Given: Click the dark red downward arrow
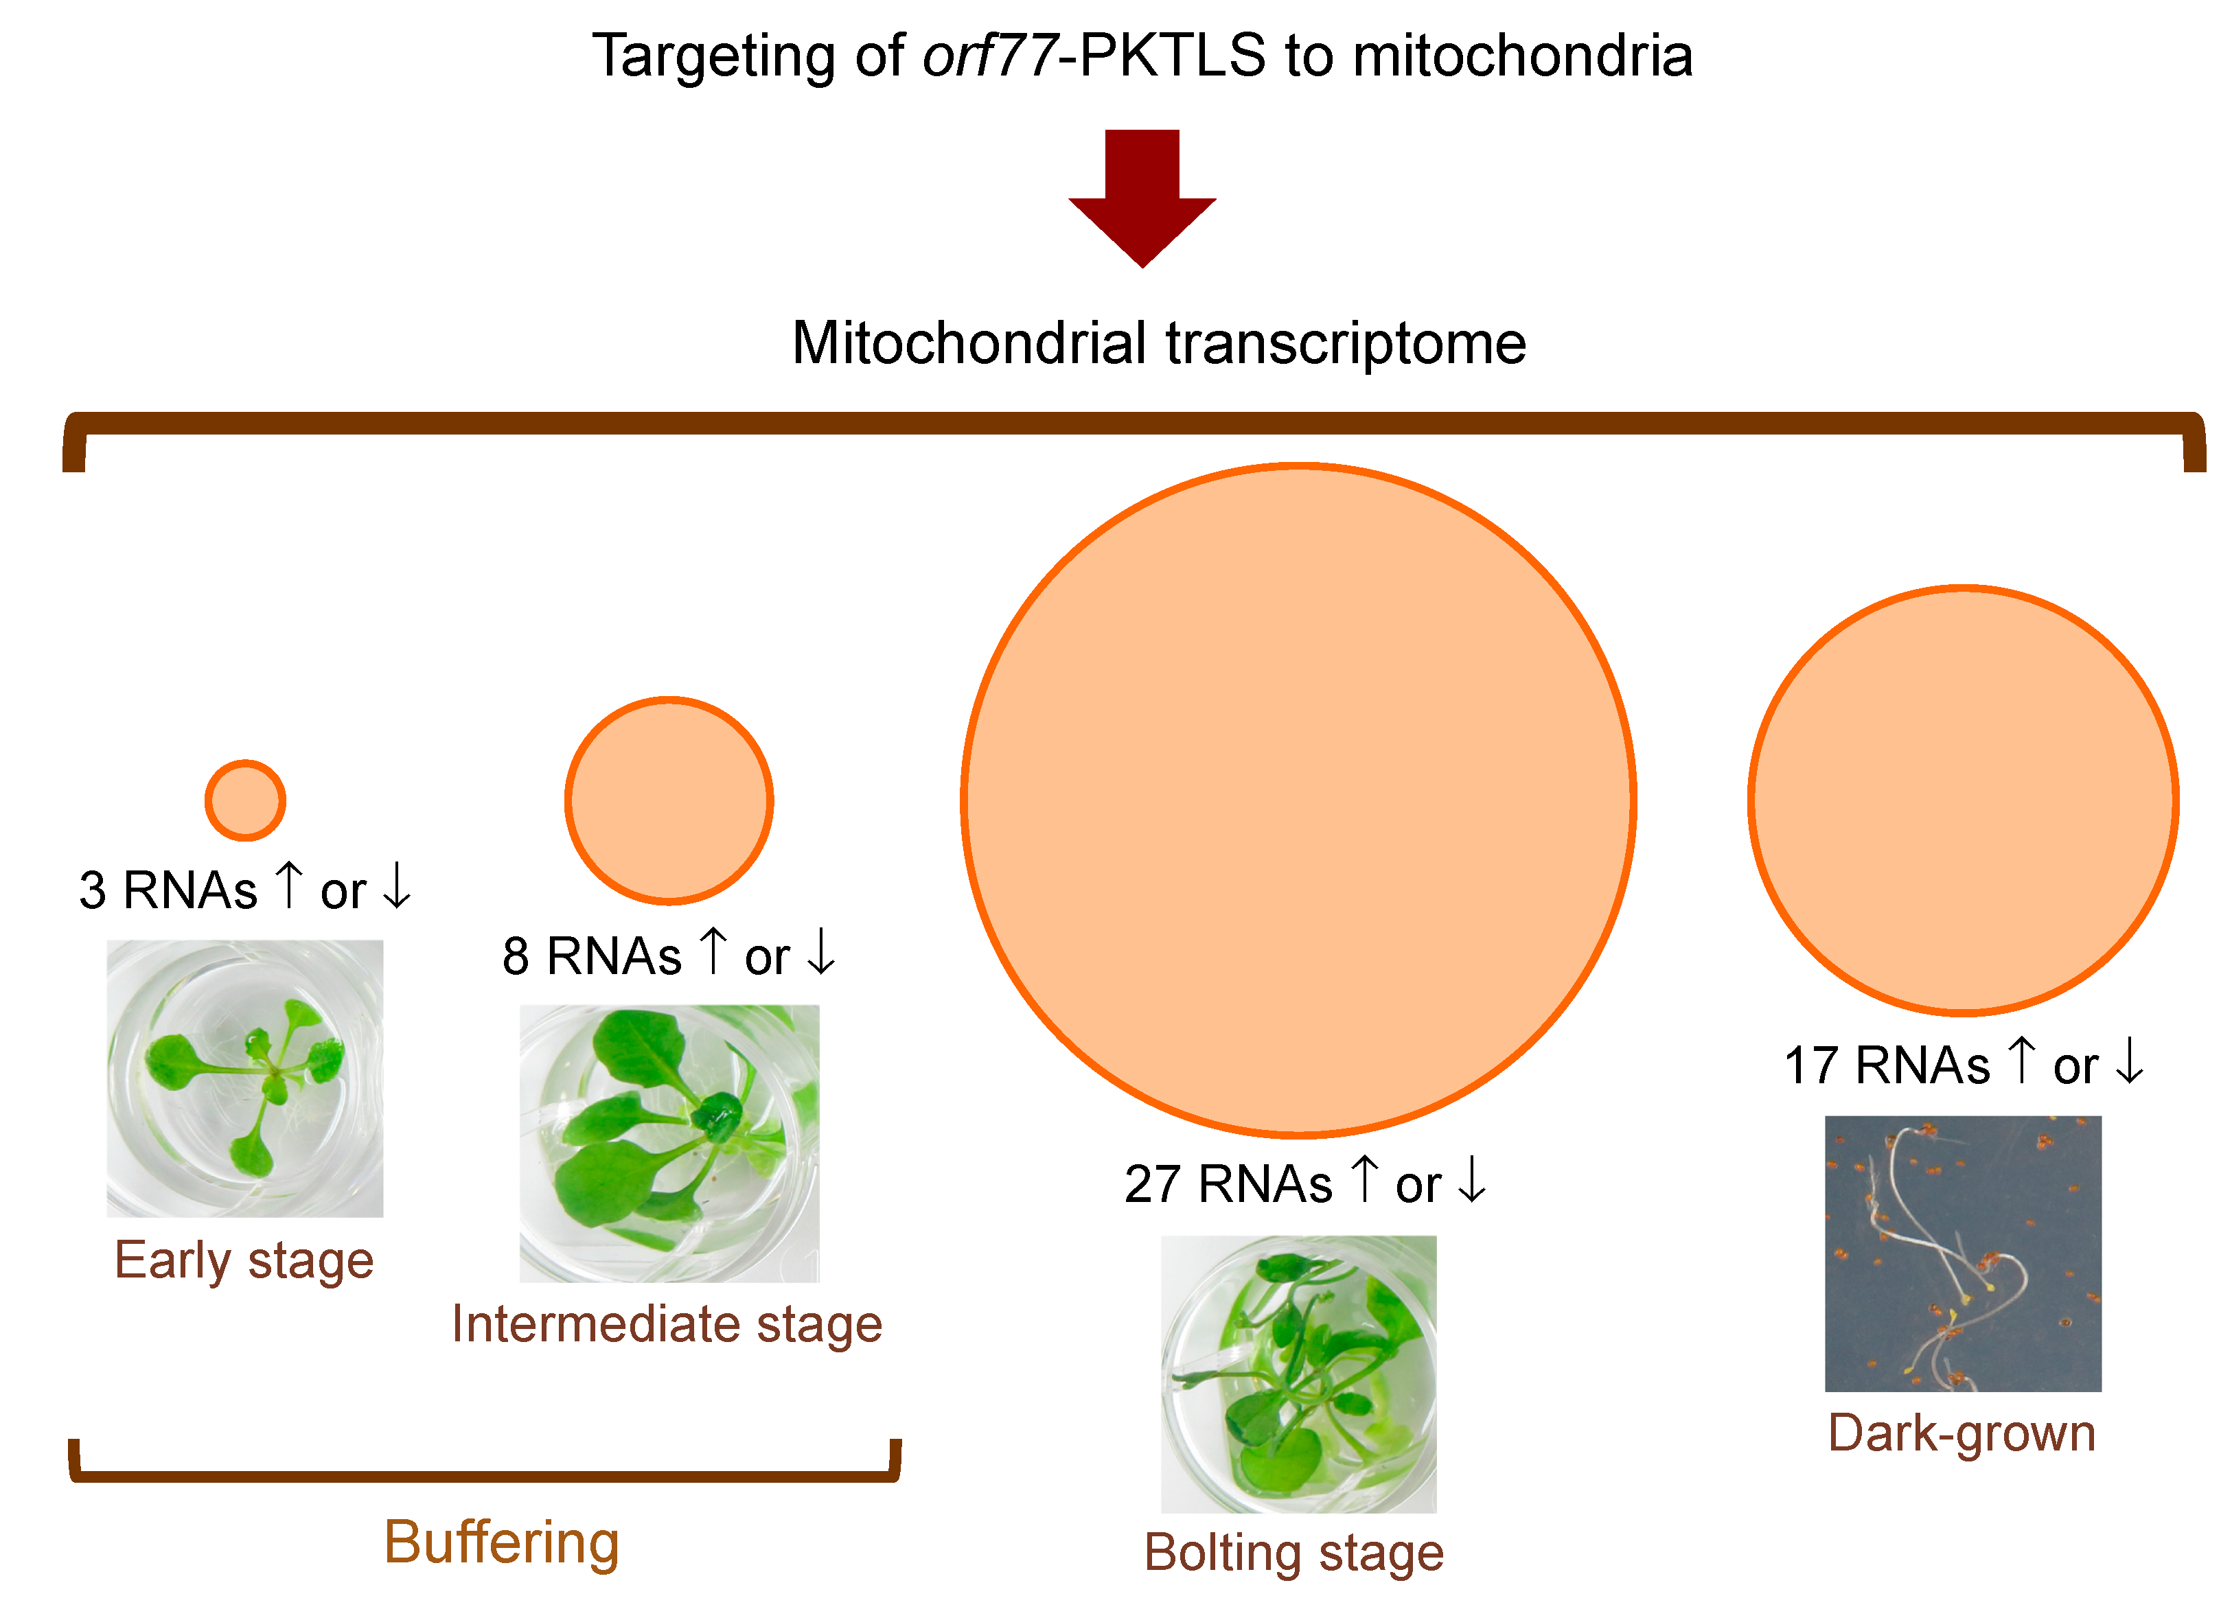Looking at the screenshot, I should [x=1142, y=197].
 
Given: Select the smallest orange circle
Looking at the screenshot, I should [x=245, y=800].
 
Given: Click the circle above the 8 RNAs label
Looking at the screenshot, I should [x=669, y=800].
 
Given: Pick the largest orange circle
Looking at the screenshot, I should [x=1298, y=800].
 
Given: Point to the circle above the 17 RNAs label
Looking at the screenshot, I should [x=1964, y=800].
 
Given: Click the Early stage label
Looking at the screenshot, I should [x=244, y=1262].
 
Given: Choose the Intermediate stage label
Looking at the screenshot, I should [x=667, y=1325].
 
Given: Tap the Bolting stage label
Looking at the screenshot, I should [x=1294, y=1553].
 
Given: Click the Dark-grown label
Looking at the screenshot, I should [x=1961, y=1434].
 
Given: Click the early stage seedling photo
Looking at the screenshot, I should [x=245, y=1078].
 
